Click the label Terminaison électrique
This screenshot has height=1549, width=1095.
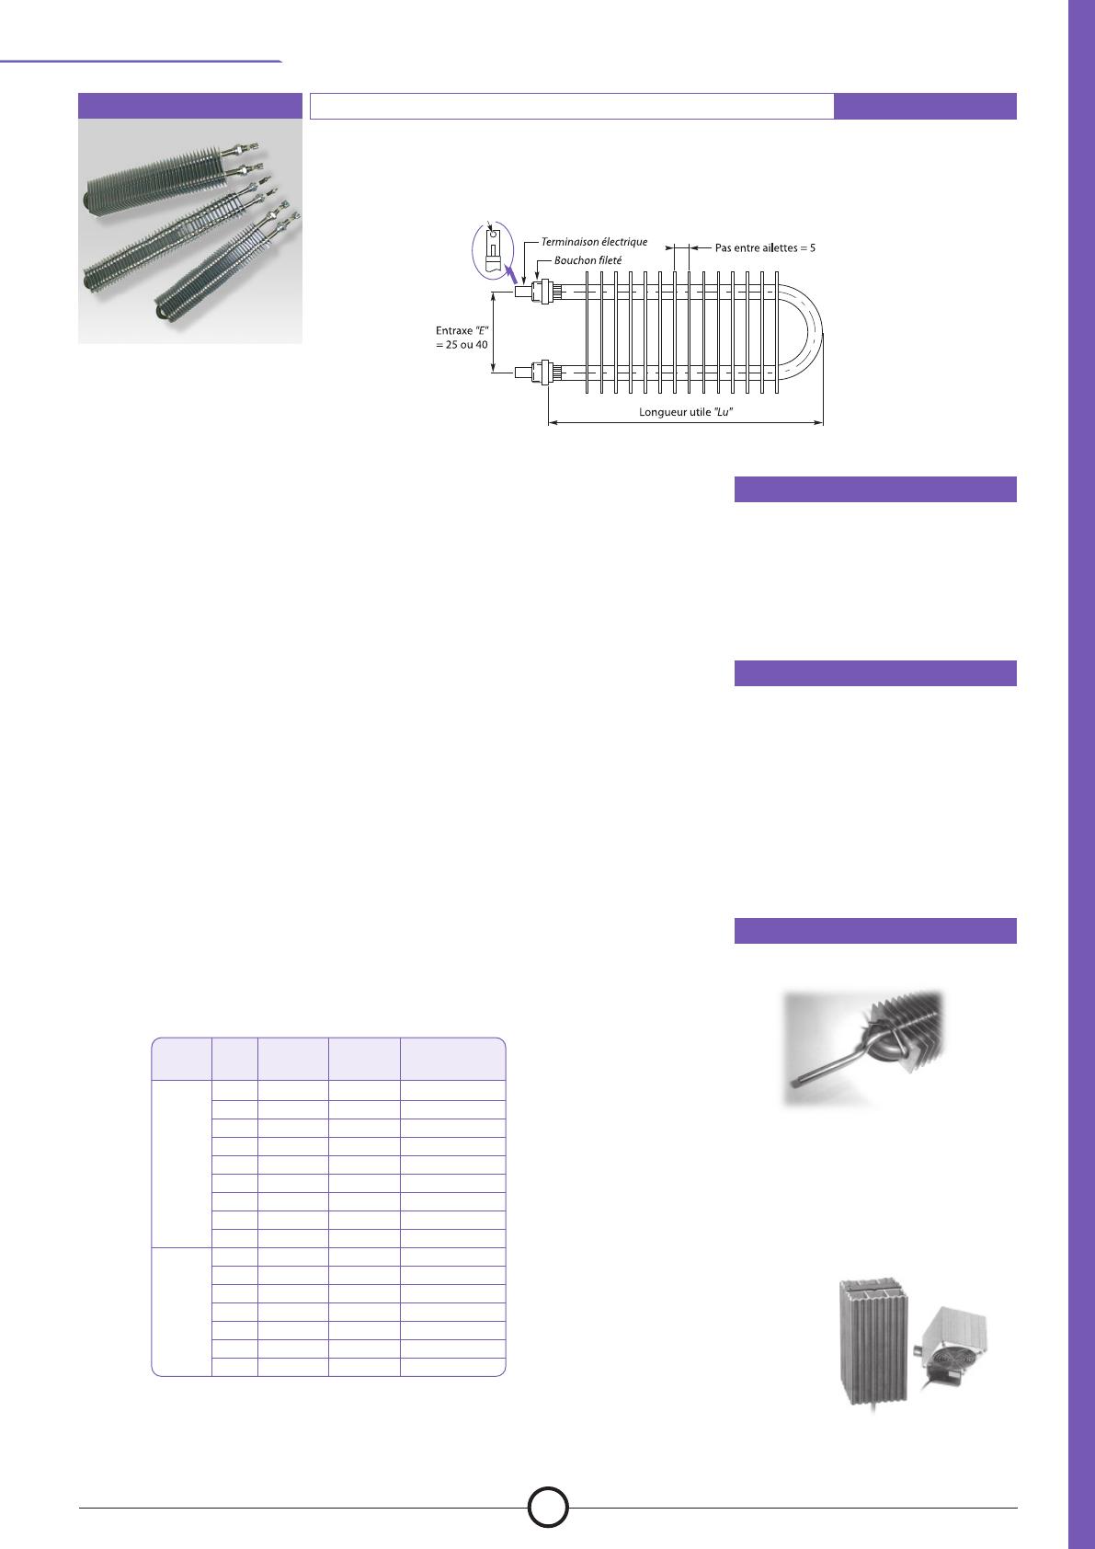coord(594,242)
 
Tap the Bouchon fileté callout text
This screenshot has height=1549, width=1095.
coord(587,260)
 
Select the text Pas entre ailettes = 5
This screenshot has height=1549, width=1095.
coord(765,247)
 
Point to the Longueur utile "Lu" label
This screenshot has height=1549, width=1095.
coord(686,412)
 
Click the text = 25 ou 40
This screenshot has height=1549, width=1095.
coord(462,344)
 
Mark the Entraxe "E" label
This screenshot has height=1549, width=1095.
coord(462,330)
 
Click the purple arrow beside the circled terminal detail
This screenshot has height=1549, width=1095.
coord(509,274)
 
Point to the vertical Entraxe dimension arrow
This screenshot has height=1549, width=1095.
coord(493,333)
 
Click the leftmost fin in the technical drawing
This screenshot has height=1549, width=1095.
coord(587,333)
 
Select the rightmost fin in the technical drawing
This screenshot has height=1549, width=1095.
coord(777,333)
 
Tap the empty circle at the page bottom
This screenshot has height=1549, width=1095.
coord(548,1507)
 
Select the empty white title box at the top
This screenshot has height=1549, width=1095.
coord(572,106)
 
